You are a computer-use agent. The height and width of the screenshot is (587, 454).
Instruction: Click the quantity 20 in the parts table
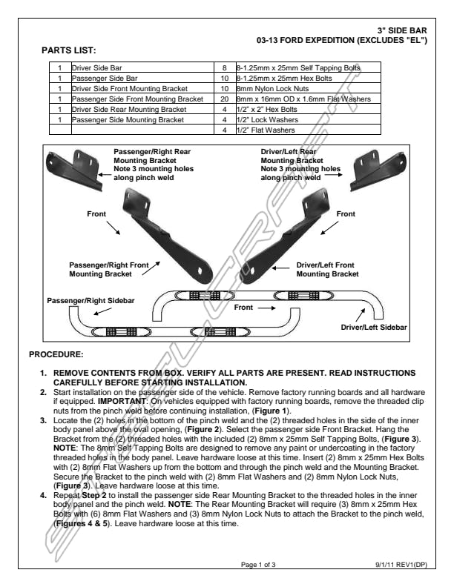(x=224, y=99)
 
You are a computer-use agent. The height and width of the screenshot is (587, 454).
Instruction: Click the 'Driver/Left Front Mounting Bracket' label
(x=326, y=269)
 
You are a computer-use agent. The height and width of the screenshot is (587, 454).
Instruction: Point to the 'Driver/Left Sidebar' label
(x=374, y=327)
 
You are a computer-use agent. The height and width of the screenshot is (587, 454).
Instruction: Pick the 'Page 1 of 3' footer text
(x=258, y=565)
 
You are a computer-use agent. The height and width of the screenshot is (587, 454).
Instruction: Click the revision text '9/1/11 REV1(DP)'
(x=401, y=565)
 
